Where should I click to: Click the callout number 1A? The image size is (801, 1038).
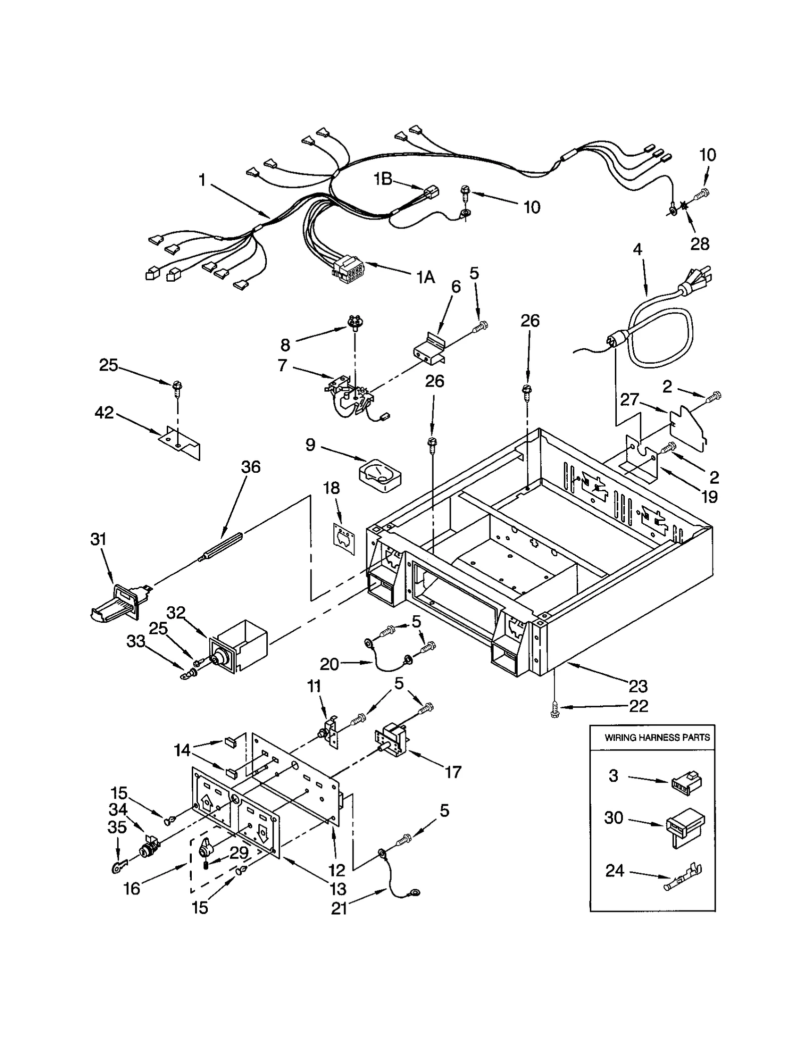[426, 277]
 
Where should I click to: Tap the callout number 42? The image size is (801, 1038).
[104, 413]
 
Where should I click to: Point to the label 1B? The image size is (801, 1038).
[383, 179]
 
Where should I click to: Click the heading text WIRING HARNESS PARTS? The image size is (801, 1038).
[657, 737]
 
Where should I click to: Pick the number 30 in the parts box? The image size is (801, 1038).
[613, 818]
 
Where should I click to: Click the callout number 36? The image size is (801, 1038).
[251, 467]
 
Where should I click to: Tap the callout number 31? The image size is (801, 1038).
[99, 539]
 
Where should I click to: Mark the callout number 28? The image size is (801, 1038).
[699, 244]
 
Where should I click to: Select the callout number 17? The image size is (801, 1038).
[453, 772]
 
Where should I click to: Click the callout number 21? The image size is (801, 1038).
[339, 908]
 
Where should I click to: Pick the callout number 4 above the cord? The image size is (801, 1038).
[637, 249]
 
